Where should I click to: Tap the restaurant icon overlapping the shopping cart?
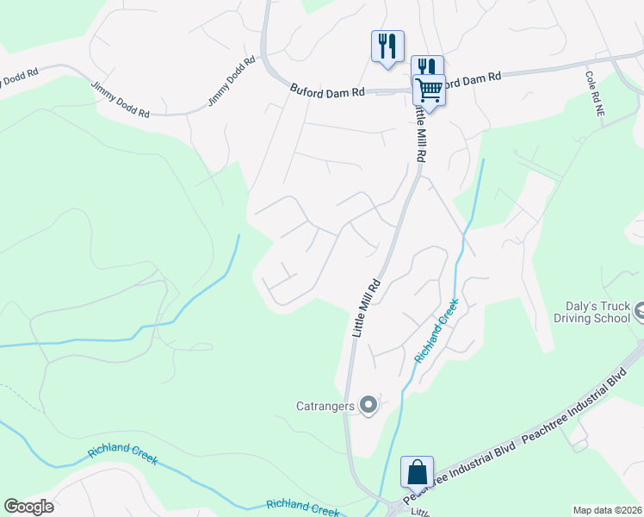425,66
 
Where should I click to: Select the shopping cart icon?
429,89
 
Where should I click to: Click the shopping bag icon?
417,472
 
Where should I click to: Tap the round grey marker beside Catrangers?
369,404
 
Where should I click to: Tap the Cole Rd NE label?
591,94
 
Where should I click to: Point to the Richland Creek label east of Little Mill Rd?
436,331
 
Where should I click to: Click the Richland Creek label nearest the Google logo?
122,456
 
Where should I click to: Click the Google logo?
28,507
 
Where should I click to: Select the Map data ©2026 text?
607,510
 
